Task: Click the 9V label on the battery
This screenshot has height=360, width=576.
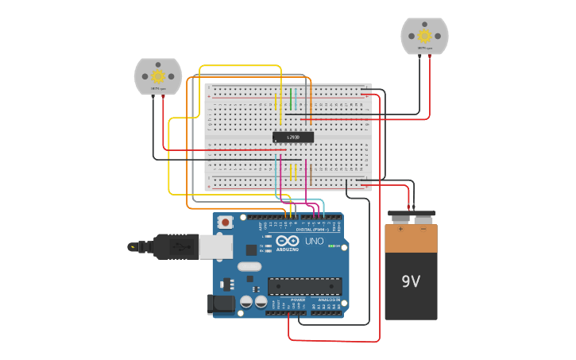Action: click(x=411, y=282)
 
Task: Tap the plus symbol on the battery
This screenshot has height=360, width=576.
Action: click(x=400, y=230)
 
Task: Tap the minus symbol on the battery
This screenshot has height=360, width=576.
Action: click(x=423, y=230)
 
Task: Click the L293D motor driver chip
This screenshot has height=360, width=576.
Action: click(x=293, y=137)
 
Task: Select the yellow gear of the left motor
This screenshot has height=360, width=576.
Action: click(x=157, y=76)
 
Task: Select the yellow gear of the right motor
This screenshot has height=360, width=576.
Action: click(x=424, y=36)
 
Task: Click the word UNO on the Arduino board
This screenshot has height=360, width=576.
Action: click(x=315, y=241)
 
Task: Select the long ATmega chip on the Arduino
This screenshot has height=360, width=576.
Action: click(x=305, y=285)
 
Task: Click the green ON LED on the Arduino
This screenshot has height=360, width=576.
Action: click(x=331, y=246)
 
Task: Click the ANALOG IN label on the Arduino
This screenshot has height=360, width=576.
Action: click(x=327, y=300)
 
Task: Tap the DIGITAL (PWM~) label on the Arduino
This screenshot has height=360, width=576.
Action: click(x=314, y=229)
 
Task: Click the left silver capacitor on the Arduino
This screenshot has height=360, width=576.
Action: click(x=246, y=302)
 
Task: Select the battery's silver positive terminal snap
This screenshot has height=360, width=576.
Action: click(x=400, y=218)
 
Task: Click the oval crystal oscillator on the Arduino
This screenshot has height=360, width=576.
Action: click(x=249, y=267)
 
